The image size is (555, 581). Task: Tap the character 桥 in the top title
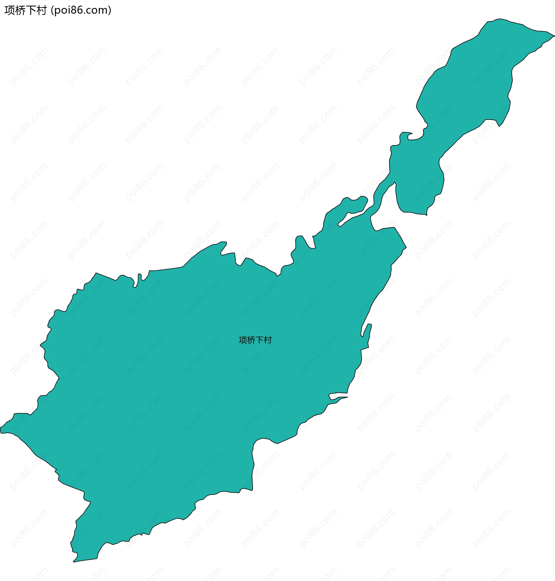pos(21,10)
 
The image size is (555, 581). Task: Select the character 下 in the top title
pos(31,10)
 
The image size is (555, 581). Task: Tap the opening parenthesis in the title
pos(52,10)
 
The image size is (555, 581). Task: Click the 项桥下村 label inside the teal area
pos(255,340)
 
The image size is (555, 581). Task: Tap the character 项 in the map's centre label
pos(243,340)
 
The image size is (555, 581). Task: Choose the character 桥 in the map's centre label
pos(251,340)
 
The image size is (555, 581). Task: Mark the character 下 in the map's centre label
pos(259,340)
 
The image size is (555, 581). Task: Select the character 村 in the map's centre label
pos(267,340)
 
